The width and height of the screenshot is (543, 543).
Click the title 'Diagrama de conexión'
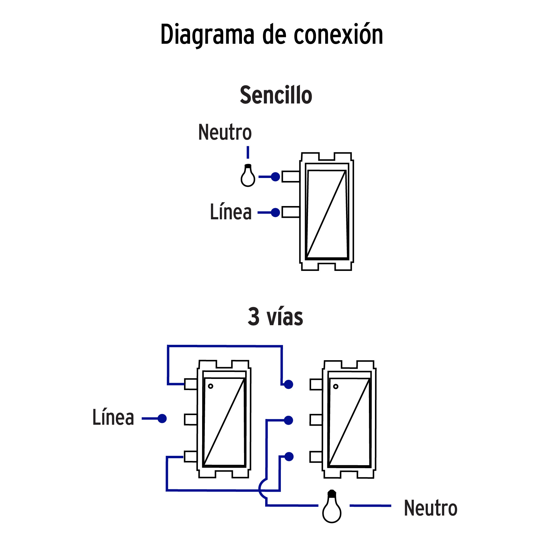271,35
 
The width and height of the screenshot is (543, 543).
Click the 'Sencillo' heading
276,95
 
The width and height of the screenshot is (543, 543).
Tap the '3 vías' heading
275,317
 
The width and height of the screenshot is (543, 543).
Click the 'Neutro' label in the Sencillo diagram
225,132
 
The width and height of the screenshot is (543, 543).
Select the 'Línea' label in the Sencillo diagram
231,212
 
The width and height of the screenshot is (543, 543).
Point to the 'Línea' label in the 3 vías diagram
113,418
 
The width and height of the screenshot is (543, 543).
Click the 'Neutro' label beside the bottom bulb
430,508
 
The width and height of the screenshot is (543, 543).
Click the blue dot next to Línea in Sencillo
275,212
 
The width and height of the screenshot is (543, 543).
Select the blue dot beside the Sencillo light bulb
275,177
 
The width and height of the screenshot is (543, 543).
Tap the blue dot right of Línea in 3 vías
162,418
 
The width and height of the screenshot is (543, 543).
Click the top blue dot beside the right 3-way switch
289,384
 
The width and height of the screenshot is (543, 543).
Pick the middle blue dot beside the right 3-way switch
289,420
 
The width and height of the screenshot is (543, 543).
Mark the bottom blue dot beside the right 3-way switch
289,457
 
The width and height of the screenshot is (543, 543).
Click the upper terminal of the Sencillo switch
291,177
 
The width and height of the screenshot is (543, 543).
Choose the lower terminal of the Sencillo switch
291,212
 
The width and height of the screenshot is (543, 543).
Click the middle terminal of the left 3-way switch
191,419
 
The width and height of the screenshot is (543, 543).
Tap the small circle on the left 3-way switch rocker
211,386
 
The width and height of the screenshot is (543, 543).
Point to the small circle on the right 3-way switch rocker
336,386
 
